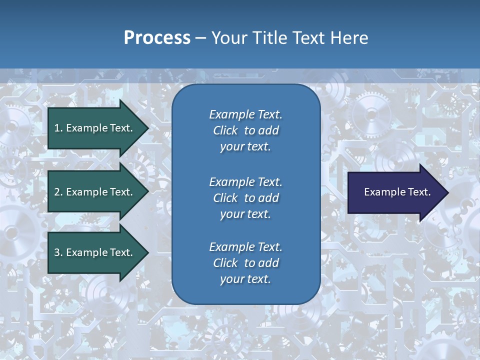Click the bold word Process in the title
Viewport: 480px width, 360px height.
click(157, 38)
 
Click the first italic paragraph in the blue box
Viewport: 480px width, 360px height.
click(245, 130)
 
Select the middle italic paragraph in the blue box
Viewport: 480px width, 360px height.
click(245, 197)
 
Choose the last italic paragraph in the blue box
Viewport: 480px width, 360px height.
click(245, 263)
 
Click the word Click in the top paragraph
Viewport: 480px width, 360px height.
click(225, 130)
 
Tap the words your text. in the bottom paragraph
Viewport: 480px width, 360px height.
click(245, 279)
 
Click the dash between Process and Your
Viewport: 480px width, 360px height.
click(201, 38)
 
